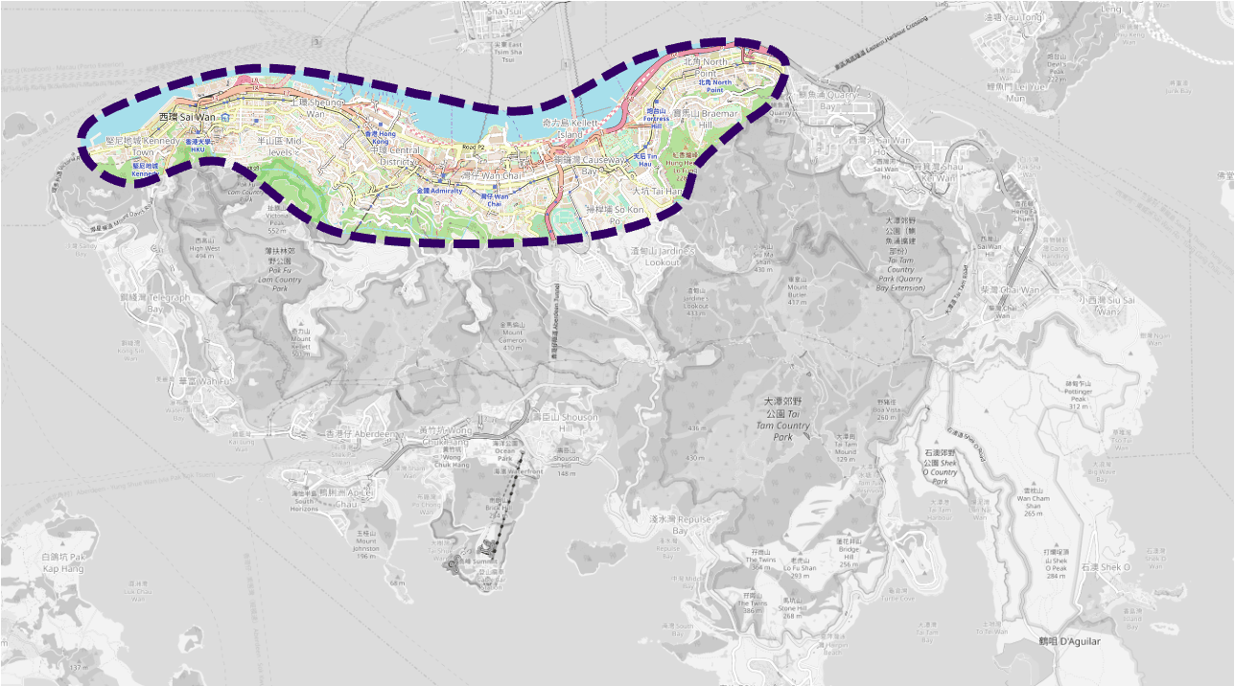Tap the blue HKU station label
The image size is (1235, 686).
198,145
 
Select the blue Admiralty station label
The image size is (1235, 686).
439,191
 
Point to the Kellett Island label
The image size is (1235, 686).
570,129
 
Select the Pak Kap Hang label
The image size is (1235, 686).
64,562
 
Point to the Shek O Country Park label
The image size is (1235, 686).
940,464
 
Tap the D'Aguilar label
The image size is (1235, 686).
1069,641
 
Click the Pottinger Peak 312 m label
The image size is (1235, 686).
1080,394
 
